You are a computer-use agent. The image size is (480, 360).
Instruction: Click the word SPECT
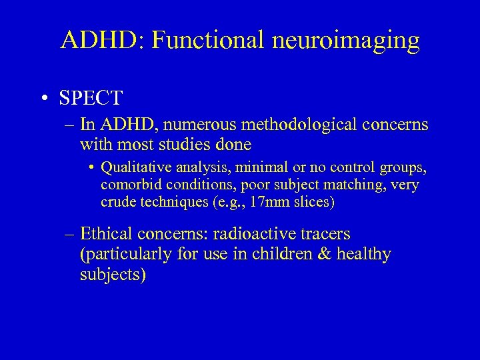[91, 98]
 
